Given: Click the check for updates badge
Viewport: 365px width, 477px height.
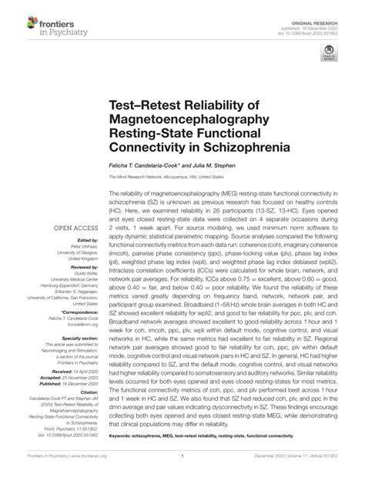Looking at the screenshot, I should point(330,53).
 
